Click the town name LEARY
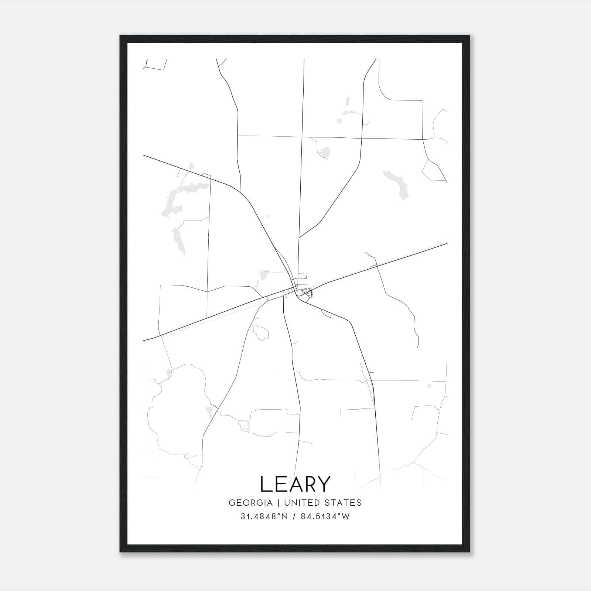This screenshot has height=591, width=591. (x=295, y=484)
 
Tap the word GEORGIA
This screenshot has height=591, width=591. (x=250, y=503)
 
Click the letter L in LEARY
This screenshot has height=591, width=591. (x=265, y=484)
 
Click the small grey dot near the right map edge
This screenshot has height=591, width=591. (x=429, y=386)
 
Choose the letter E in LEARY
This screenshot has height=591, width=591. (x=280, y=484)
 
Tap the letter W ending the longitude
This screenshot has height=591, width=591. (x=346, y=516)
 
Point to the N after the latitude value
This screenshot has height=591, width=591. (x=284, y=516)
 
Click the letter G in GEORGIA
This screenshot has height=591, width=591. (x=232, y=503)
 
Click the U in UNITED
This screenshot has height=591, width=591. (x=287, y=503)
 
